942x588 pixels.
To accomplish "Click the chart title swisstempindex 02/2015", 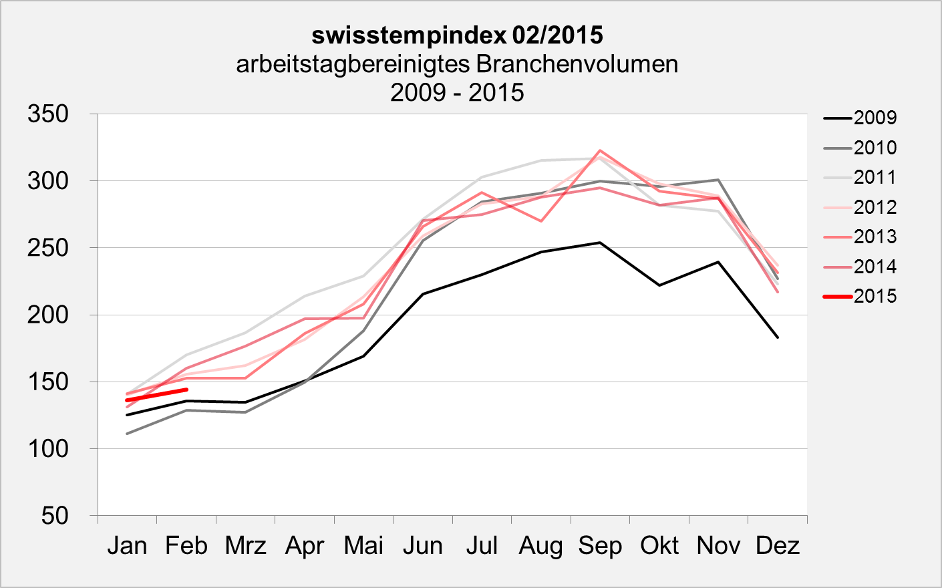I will pos(457,35).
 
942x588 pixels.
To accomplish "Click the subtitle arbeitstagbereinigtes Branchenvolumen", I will pos(457,64).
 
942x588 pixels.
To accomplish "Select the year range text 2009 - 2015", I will pos(457,92).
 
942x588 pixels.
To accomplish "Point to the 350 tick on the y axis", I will pos(48,114).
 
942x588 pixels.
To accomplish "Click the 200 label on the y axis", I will pos(48,315).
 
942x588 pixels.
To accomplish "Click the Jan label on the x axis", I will pos(127,546).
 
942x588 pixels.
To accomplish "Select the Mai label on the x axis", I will pos(363,546).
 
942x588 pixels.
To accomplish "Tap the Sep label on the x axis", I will pos(600,546).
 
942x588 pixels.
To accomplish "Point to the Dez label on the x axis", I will pos(777,546).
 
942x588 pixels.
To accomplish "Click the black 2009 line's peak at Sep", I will pos(600,243).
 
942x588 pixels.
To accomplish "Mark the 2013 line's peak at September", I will pos(600,150).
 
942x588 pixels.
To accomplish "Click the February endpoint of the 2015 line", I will pos(186,390).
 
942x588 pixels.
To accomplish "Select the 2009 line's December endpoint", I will pos(778,337).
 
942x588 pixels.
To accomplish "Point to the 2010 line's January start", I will pos(127,434).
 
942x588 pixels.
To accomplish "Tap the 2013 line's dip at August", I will pos(541,221).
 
